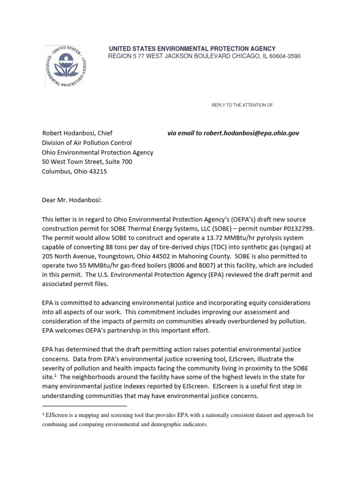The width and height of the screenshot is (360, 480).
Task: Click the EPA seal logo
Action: [66, 66]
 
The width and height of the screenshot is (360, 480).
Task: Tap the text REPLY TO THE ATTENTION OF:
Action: [242, 105]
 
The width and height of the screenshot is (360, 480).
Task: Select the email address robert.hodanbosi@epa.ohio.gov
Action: [251, 133]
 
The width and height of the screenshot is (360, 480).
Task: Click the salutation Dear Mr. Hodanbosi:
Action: [72, 200]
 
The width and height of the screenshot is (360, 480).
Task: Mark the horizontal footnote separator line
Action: [84, 405]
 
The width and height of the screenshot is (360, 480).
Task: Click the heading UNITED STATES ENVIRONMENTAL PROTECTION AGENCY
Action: [192, 49]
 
